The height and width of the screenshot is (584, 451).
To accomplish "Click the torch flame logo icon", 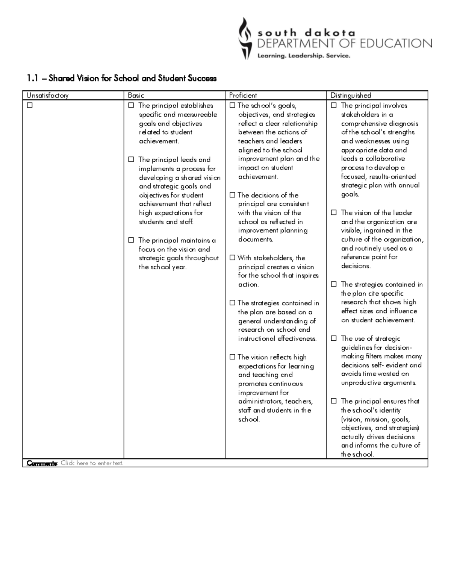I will pyautogui.click(x=245, y=38).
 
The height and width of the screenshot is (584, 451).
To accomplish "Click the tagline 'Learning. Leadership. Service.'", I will pyautogui.click(x=304, y=56).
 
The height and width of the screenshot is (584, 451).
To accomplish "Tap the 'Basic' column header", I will pyautogui.click(x=136, y=96).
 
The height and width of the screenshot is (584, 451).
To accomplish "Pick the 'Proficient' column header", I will pyautogui.click(x=243, y=96).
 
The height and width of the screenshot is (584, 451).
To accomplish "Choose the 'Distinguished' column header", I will pyautogui.click(x=351, y=96).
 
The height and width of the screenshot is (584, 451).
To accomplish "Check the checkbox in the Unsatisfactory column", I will pyautogui.click(x=30, y=106).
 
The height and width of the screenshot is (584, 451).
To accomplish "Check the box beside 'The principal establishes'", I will pyautogui.click(x=131, y=106).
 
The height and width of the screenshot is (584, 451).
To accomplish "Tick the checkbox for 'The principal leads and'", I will pyautogui.click(x=131, y=159).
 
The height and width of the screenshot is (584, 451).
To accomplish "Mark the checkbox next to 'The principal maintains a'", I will pyautogui.click(x=131, y=240).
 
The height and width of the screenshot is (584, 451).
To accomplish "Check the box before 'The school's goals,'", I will pyautogui.click(x=232, y=106).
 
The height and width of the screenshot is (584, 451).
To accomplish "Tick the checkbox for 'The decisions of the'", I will pyautogui.click(x=232, y=195).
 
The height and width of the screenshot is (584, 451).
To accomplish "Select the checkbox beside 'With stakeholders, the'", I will pyautogui.click(x=232, y=258).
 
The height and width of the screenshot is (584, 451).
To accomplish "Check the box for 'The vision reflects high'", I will pyautogui.click(x=232, y=357).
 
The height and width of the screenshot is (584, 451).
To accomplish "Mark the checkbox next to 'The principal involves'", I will pyautogui.click(x=334, y=106).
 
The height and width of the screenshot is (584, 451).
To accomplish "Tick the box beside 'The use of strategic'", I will pyautogui.click(x=334, y=338).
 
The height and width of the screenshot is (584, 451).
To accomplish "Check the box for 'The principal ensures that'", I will pyautogui.click(x=334, y=401).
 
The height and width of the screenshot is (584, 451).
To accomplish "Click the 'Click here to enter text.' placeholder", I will pyautogui.click(x=92, y=463).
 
